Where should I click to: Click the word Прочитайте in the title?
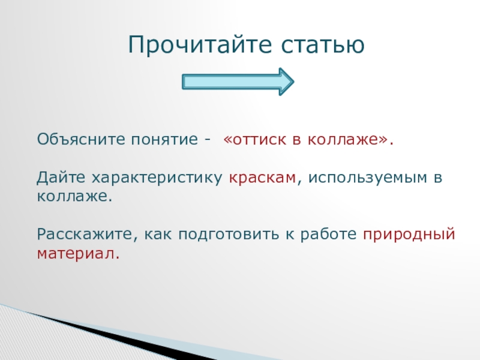[200, 44]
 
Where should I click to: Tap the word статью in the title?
[323, 45]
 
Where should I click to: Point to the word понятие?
[164, 140]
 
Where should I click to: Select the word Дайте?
[61, 178]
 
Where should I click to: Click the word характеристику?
[157, 178]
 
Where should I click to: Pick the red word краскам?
[262, 178]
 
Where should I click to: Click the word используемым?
[367, 178]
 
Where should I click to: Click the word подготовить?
[229, 235]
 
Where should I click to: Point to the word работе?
[328, 234]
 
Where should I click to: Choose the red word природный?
[409, 235]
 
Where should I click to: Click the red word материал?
[78, 254]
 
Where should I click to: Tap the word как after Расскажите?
[158, 235]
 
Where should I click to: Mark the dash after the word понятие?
[208, 140]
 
